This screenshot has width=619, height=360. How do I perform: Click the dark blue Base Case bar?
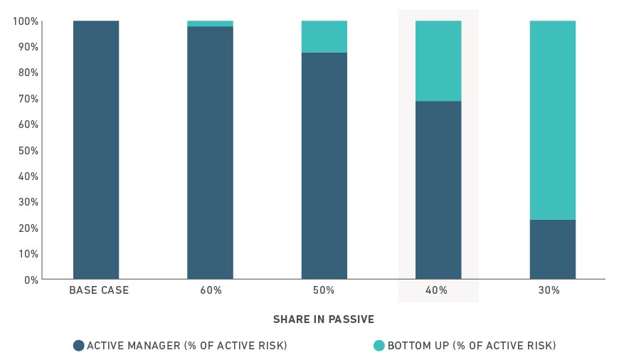[96, 150]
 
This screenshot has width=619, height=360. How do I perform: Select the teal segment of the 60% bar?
[210, 23]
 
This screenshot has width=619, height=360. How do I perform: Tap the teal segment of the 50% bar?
[324, 37]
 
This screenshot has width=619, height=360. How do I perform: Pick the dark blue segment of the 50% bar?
[324, 166]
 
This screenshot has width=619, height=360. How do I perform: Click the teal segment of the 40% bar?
[438, 61]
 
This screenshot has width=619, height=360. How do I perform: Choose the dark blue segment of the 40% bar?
[438, 190]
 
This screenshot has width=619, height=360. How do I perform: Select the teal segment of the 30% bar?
[553, 120]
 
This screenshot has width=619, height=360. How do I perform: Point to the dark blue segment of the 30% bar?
[553, 250]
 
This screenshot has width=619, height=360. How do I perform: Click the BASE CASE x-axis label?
[99, 290]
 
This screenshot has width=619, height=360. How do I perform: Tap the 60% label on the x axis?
[211, 290]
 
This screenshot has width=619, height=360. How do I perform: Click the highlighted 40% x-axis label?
[436, 290]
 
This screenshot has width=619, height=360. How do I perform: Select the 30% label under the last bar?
[549, 290]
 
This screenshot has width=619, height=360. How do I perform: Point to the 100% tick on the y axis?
[26, 21]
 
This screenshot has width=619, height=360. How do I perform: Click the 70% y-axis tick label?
[28, 99]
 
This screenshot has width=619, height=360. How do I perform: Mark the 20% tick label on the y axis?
[28, 228]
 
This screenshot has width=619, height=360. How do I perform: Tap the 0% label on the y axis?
[31, 280]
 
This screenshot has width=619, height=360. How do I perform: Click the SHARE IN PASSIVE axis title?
[324, 319]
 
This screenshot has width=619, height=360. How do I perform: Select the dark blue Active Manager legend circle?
[78, 345]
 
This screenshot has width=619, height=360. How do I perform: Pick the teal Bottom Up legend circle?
[379, 345]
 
